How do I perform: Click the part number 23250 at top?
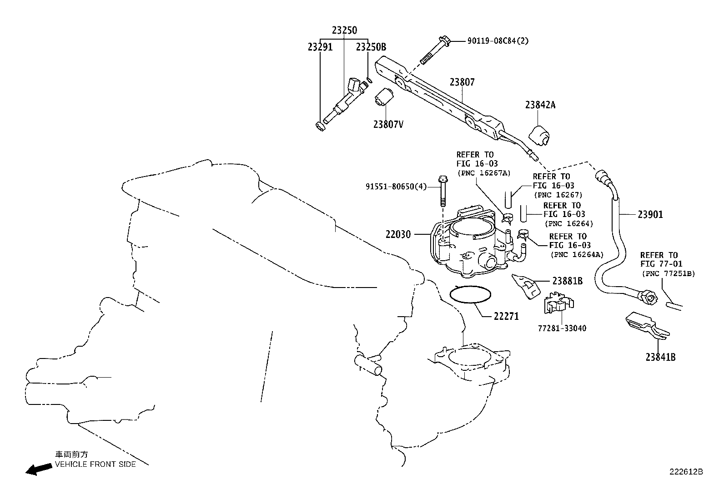344,30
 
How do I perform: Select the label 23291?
320,47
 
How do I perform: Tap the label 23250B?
371,47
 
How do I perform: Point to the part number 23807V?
388,124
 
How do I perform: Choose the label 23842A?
540,105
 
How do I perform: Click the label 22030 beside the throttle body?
398,235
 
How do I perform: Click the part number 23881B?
568,281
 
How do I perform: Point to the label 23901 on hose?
650,214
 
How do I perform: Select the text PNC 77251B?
669,273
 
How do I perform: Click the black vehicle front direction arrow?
38,469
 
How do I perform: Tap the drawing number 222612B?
685,472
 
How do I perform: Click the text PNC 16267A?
483,173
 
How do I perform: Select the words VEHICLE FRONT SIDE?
96,464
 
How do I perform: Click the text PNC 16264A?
577,254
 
